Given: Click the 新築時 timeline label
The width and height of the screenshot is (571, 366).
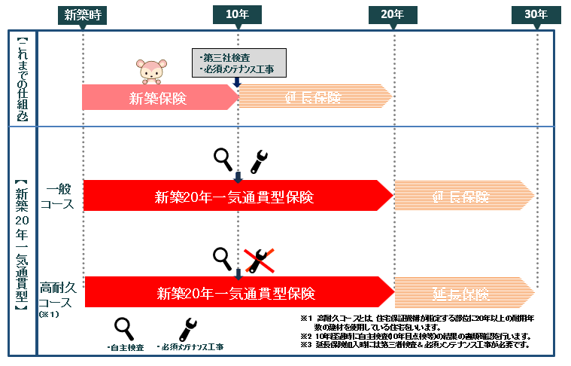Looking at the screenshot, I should click(83, 15).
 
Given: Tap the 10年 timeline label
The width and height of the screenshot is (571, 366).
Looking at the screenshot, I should click(238, 15).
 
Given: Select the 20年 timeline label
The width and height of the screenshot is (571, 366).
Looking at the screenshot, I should click(393, 15).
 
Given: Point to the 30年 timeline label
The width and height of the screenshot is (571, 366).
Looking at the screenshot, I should click(536, 15).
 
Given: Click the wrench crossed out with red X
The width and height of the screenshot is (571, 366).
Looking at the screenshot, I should click(258, 259).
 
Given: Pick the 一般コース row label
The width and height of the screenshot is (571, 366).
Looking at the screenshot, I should click(59, 196).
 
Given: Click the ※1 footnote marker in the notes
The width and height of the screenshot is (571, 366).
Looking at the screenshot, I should click(305, 318).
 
